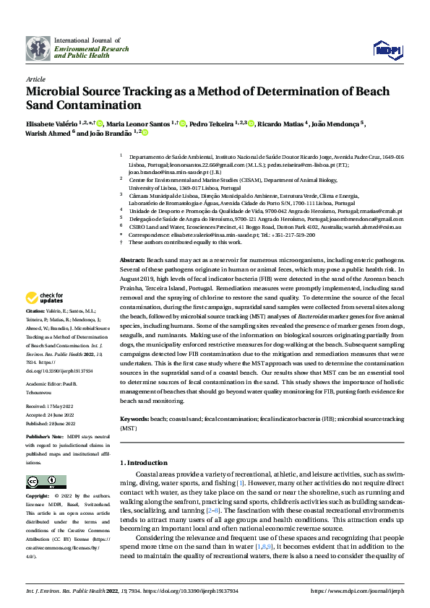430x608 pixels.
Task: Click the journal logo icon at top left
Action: [38, 48]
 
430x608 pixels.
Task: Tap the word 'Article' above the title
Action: [35, 79]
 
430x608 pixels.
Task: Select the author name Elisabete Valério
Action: [51, 123]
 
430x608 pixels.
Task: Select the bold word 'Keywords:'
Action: [135, 419]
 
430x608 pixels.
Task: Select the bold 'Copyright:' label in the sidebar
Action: [39, 497]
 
